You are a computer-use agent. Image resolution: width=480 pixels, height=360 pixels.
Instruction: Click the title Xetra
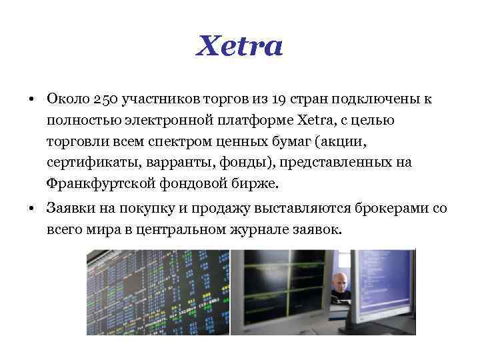point(240,47)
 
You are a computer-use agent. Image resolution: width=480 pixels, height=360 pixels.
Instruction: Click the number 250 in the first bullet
point(105,99)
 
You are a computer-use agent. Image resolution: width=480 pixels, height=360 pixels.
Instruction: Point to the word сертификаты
point(86,163)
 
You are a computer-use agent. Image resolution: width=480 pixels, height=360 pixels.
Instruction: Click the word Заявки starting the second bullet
point(70,209)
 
